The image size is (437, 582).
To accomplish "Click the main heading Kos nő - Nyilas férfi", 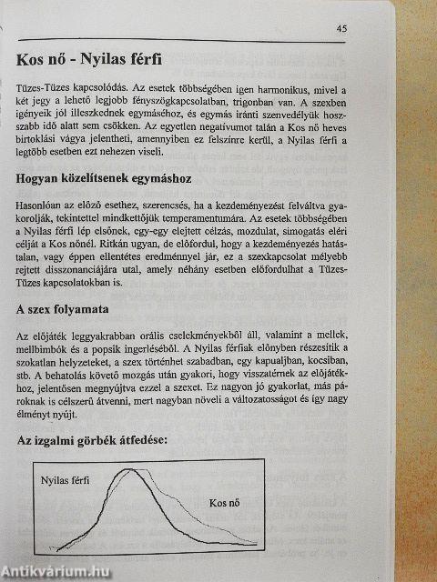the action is (89, 61).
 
